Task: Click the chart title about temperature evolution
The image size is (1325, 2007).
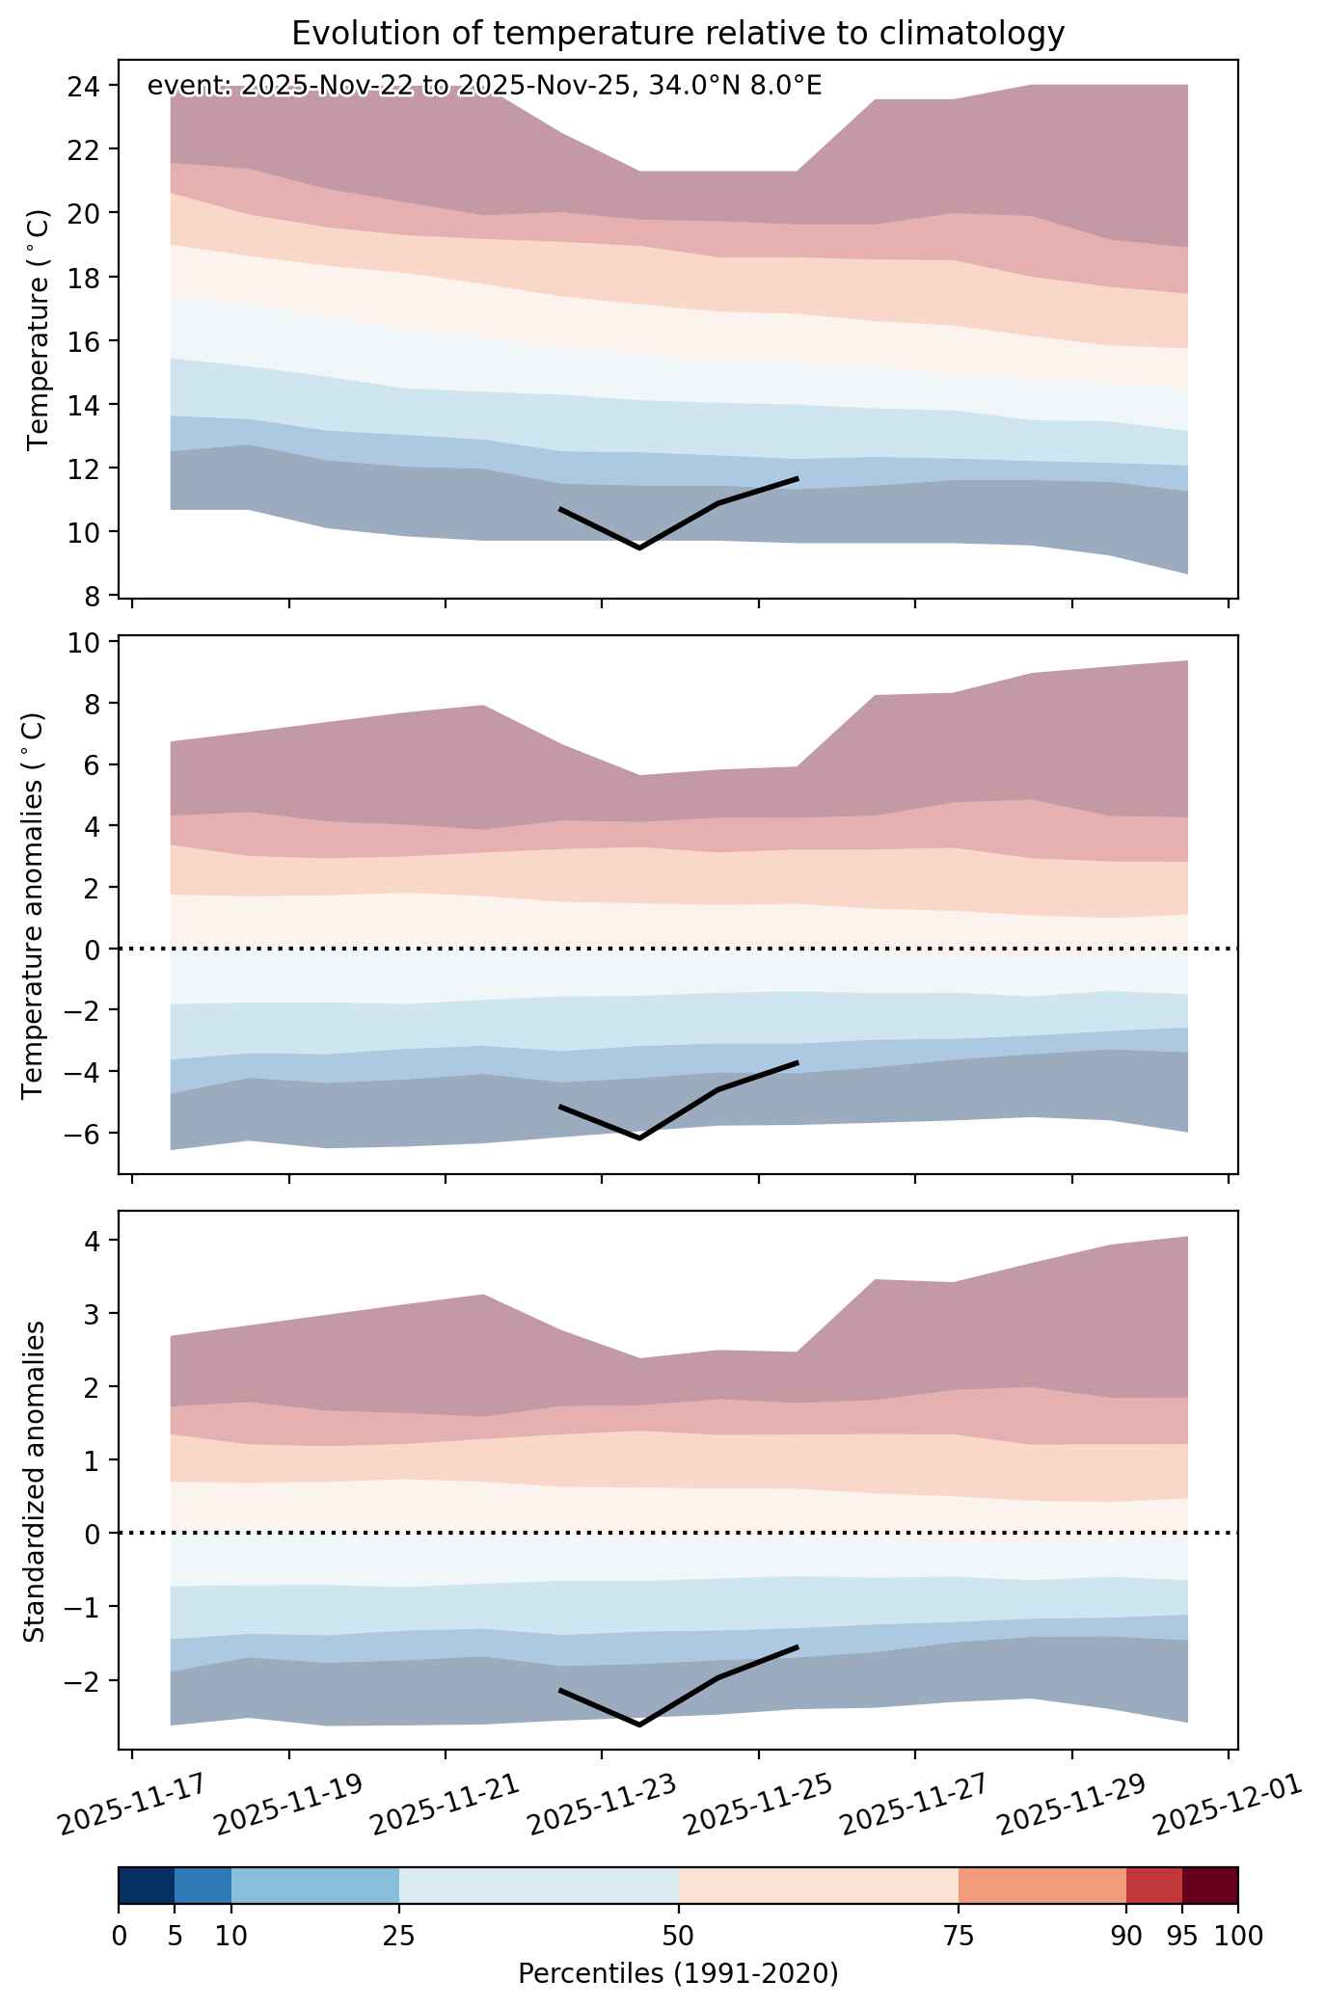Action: pyautogui.click(x=678, y=34)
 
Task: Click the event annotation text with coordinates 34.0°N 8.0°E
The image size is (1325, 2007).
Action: pyautogui.click(x=484, y=87)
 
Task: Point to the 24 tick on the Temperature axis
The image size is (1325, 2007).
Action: pyautogui.click(x=88, y=86)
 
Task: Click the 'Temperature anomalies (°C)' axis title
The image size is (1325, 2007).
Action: pyautogui.click(x=34, y=905)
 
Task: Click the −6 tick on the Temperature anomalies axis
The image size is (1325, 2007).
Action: pyautogui.click(x=84, y=1133)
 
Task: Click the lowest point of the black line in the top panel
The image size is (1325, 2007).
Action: pyautogui.click(x=639, y=548)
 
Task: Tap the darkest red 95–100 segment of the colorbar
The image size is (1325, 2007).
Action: pyautogui.click(x=1210, y=1885)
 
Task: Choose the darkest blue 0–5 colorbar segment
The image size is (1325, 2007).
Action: pyautogui.click(x=147, y=1885)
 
